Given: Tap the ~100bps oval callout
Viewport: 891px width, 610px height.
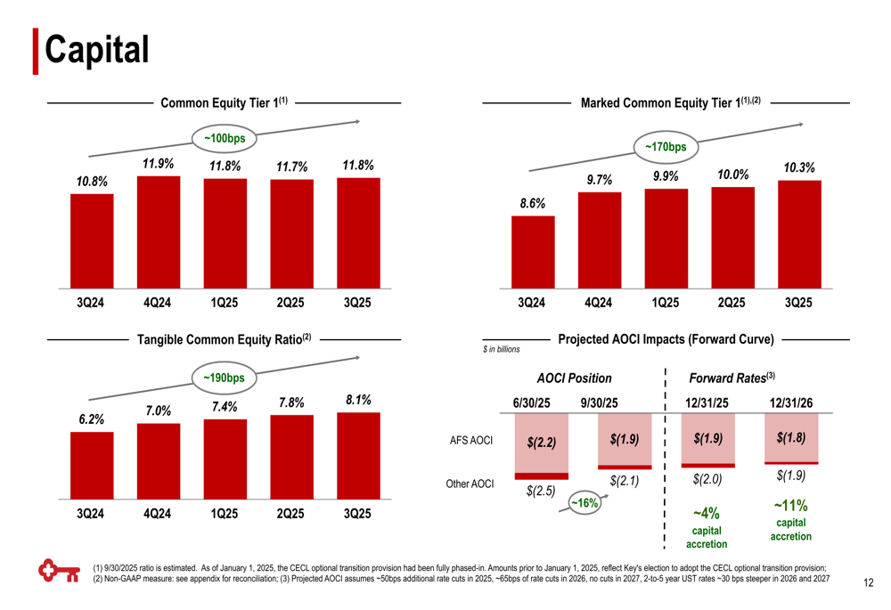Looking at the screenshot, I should [x=225, y=139].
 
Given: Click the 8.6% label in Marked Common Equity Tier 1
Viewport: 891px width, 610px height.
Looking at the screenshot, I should [x=533, y=203].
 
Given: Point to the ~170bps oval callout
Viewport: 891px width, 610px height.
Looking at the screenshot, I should [x=665, y=147].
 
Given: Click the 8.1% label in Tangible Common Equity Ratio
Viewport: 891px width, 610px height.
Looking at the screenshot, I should [x=358, y=401].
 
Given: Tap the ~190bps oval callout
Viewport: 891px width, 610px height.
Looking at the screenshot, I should [x=224, y=378].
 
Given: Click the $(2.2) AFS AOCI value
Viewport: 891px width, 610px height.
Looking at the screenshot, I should [x=541, y=442].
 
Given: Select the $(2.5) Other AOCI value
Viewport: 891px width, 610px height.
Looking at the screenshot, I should [x=541, y=491].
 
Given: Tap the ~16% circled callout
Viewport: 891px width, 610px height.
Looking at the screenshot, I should [x=584, y=504].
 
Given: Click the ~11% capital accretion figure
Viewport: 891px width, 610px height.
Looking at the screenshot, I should [x=791, y=506].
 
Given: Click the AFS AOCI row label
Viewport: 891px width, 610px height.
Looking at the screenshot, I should [x=471, y=440].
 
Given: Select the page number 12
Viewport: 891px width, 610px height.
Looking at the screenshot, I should [x=870, y=584].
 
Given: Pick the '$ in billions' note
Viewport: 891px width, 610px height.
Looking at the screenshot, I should [x=501, y=349].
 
